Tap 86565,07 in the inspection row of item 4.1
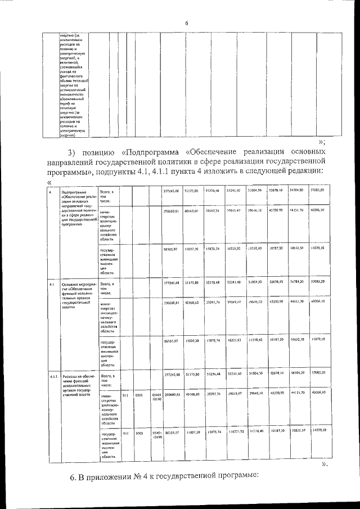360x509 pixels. tap(171, 340)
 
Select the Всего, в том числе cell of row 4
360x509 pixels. tap(107, 196)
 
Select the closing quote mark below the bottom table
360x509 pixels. tap(323, 465)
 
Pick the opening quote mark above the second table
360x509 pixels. tap(49, 181)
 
